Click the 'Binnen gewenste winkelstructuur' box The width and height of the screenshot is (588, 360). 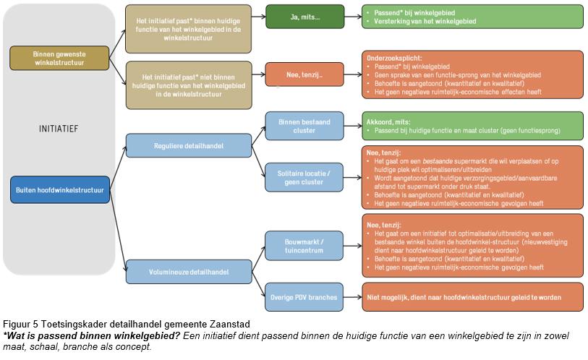click(59, 58)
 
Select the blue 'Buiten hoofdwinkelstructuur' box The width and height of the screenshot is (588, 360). click(59, 191)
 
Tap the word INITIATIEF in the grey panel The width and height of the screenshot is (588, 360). click(59, 129)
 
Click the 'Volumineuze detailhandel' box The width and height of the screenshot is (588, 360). click(189, 272)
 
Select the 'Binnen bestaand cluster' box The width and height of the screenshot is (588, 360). click(304, 126)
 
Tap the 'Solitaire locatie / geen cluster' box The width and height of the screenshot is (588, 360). click(304, 178)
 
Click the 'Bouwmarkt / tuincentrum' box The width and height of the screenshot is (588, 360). click(304, 244)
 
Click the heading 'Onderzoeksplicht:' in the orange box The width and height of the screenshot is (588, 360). click(391, 57)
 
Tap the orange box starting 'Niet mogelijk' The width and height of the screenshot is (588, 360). click(472, 295)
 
